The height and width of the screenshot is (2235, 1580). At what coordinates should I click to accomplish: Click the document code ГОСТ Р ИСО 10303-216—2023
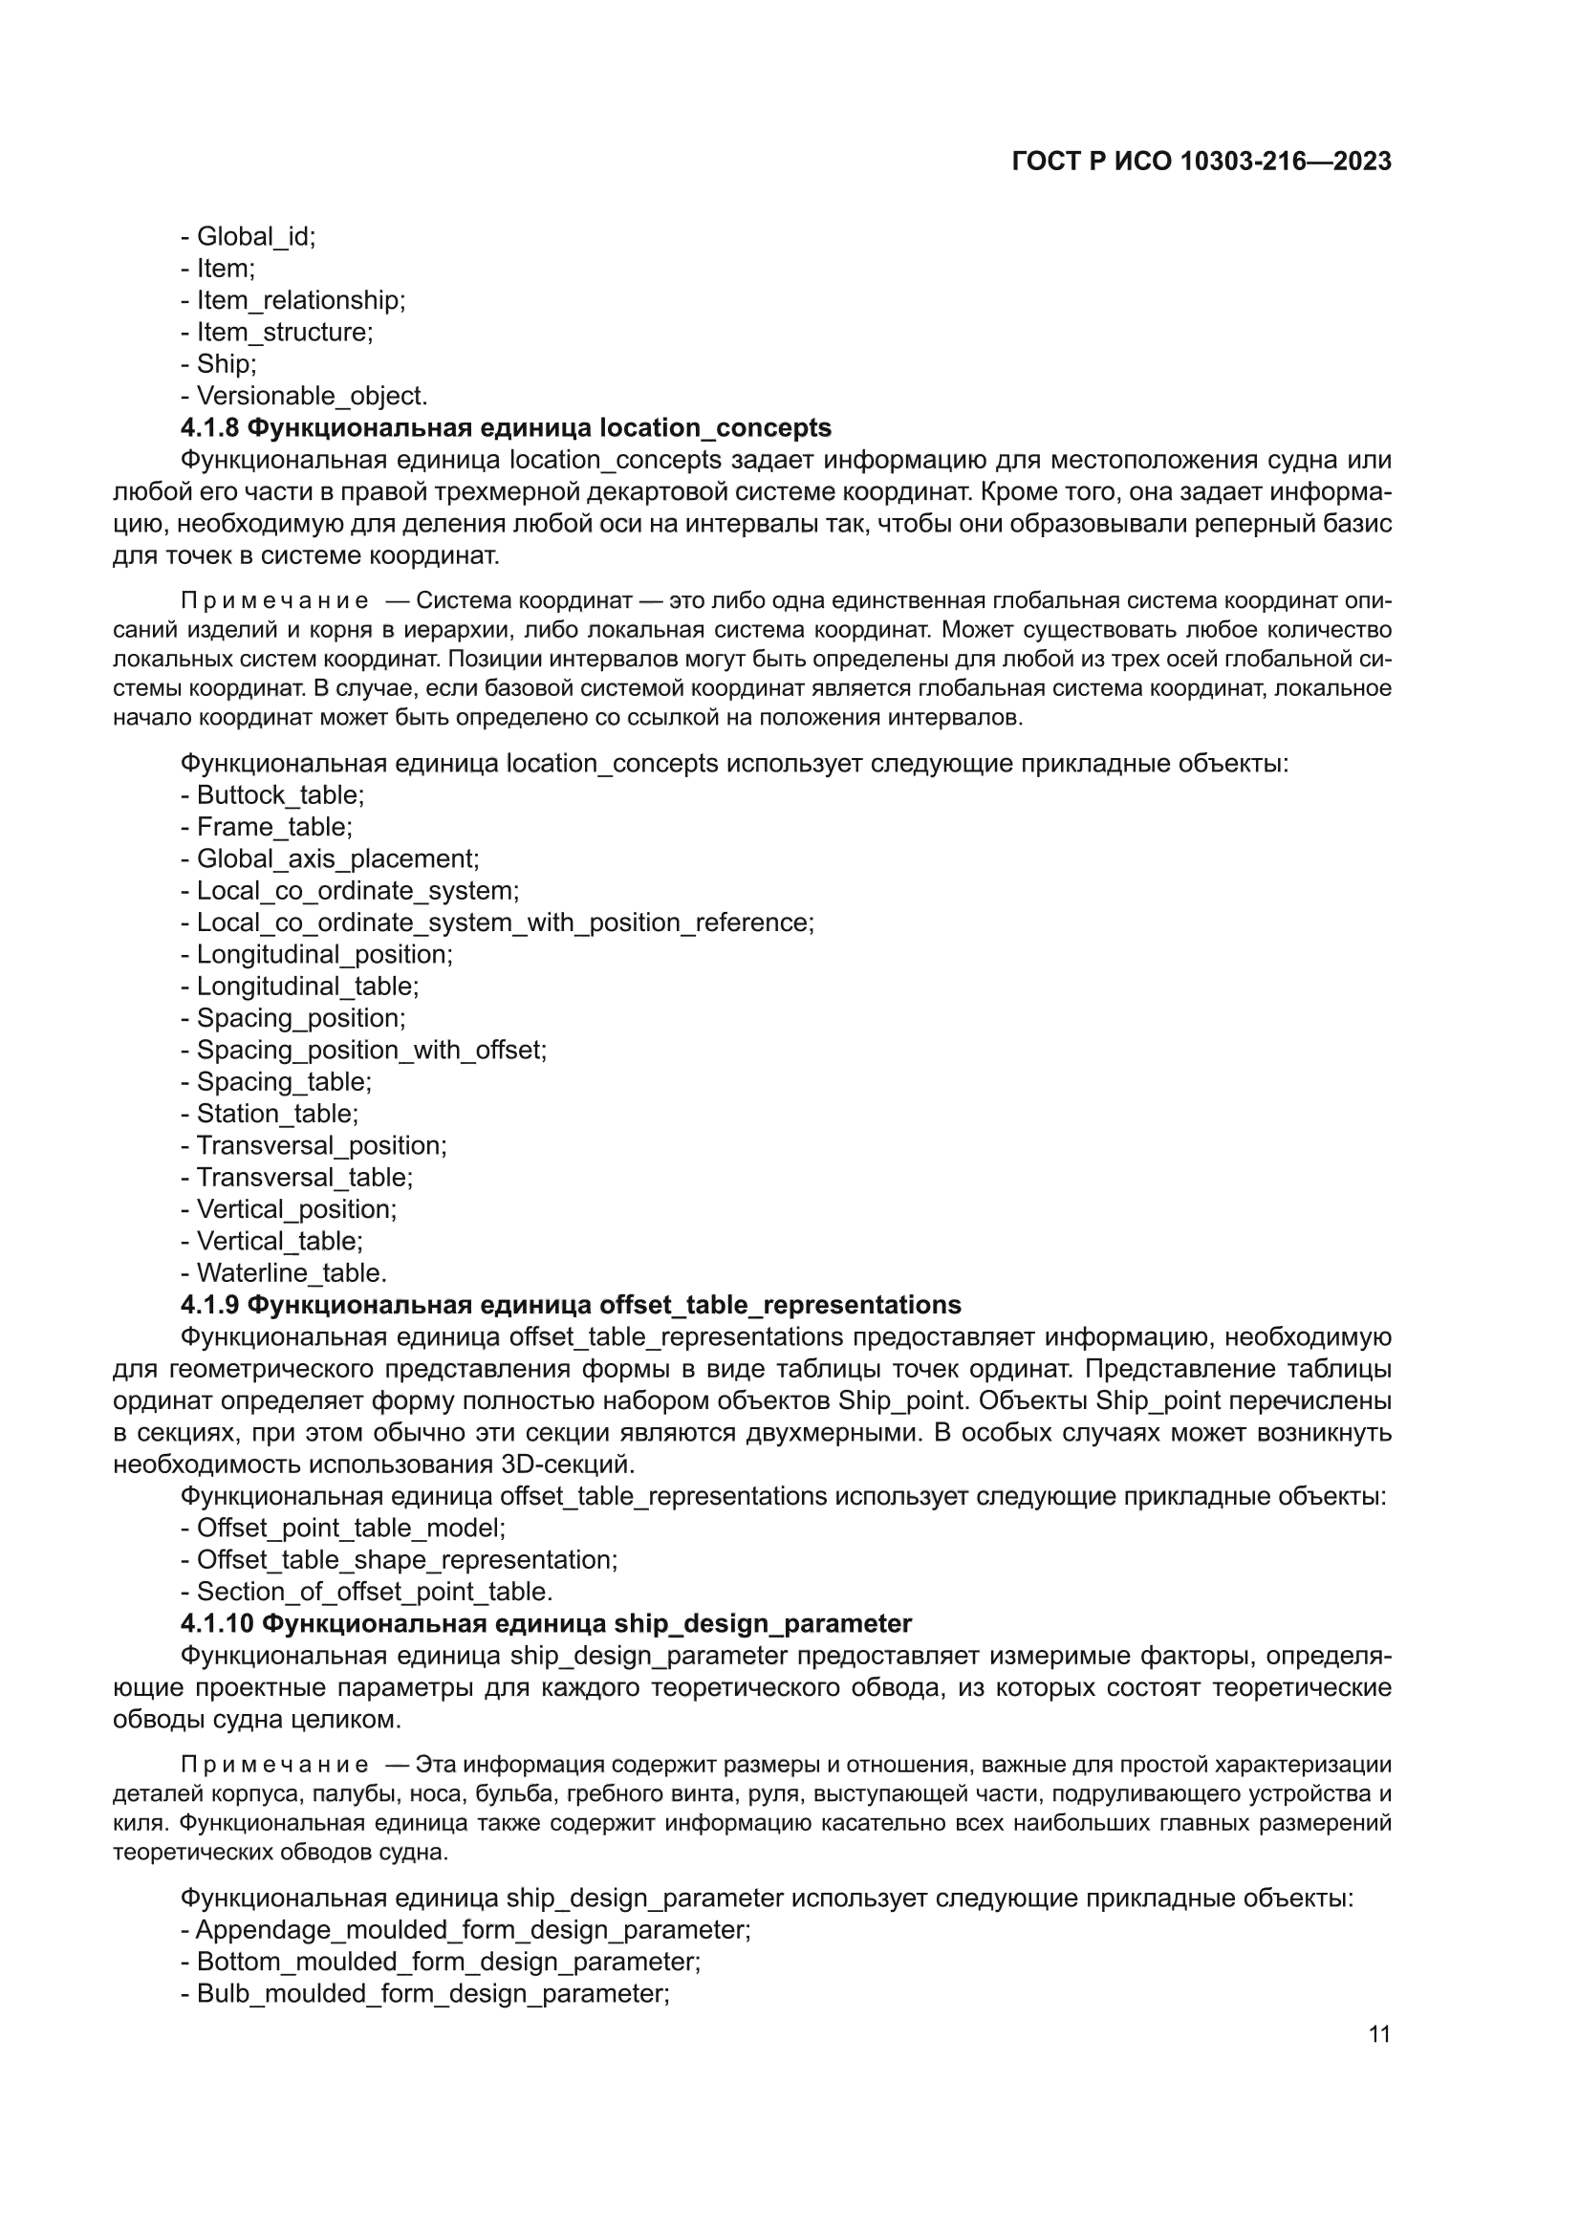[1201, 162]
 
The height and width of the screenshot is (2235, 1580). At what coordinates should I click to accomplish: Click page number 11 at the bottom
[1378, 2033]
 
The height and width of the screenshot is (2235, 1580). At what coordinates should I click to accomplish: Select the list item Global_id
[255, 236]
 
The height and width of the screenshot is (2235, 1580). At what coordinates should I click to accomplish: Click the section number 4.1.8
[210, 428]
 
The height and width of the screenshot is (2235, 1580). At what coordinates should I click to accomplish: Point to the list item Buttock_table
[279, 795]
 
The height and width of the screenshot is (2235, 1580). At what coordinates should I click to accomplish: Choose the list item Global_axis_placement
[336, 858]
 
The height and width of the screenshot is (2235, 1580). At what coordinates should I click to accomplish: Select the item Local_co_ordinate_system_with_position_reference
[505, 922]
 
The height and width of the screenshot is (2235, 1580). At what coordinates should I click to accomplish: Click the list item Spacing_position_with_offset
[371, 1051]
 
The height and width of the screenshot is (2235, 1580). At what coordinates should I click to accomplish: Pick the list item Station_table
[276, 1114]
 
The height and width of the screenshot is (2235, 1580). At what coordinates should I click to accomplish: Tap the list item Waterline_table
[292, 1273]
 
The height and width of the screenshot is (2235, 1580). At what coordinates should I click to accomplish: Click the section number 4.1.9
[210, 1306]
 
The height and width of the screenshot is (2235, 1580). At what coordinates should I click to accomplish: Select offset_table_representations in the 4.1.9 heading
[780, 1306]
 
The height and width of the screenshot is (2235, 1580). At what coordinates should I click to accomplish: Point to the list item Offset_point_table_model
[351, 1529]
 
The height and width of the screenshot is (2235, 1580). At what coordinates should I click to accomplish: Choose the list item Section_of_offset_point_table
[374, 1592]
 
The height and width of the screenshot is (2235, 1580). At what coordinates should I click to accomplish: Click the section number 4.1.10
[217, 1624]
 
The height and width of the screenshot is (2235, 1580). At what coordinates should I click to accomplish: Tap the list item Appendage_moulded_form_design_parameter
[472, 1930]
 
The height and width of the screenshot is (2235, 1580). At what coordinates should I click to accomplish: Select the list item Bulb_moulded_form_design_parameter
[432, 1993]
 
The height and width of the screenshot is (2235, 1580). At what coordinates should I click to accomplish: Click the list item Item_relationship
[300, 301]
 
